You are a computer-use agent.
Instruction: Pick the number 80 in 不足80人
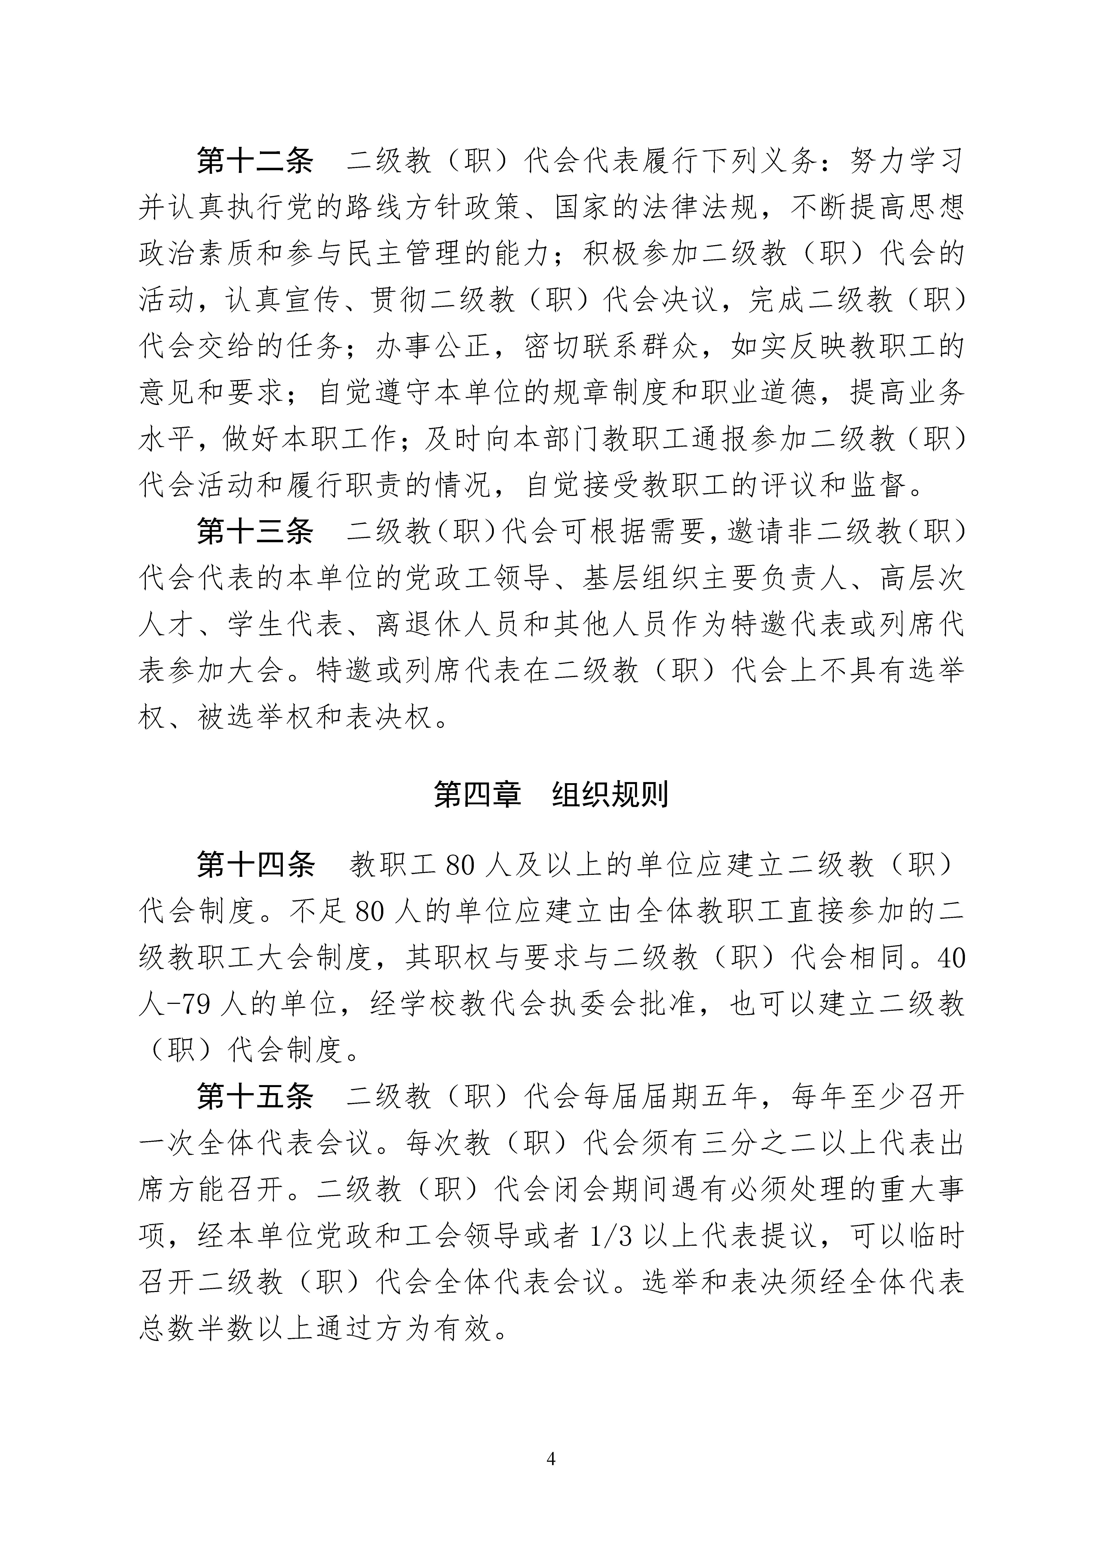(370, 912)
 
